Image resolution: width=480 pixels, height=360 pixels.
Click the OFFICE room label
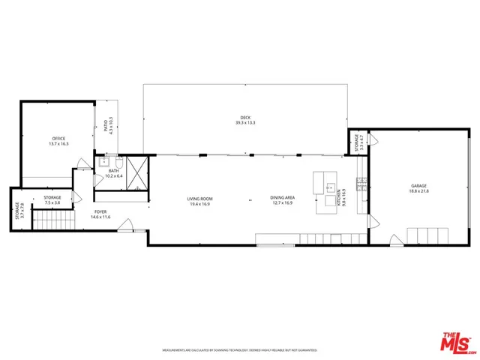[x=58, y=139]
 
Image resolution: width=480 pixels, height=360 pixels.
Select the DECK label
[x=244, y=118]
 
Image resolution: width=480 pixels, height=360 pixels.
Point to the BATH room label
[x=113, y=170]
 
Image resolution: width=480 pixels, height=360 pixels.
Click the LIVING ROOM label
[x=199, y=199]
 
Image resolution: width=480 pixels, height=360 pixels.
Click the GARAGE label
[x=418, y=185]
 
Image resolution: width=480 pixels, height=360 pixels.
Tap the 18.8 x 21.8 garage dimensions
[x=418, y=190]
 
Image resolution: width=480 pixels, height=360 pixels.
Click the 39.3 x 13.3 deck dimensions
[x=245, y=123]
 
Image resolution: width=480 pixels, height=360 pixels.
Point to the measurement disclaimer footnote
[x=240, y=349]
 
